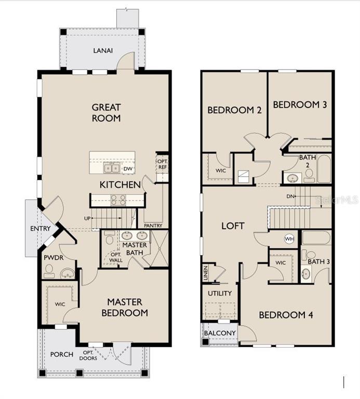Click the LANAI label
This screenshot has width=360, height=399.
point(103,50)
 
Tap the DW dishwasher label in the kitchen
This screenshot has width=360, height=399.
point(128,169)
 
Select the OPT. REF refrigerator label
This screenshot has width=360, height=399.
point(162,164)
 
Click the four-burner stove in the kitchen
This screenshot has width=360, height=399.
point(118,199)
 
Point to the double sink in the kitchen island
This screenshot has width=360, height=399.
point(112,168)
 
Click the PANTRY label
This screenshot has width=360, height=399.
point(153,225)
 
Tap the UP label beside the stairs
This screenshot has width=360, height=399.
point(87,218)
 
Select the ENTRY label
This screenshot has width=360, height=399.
point(41,229)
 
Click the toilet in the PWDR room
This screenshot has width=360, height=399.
point(48,271)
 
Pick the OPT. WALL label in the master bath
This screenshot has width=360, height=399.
point(116,257)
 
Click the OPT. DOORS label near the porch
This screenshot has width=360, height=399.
point(88,355)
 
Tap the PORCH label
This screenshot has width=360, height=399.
point(62,354)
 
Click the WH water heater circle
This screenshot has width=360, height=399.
point(289,238)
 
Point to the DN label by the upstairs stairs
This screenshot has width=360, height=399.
point(290,196)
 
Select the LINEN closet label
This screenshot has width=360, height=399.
point(206,273)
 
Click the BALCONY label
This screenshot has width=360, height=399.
point(220,333)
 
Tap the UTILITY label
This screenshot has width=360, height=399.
point(220,294)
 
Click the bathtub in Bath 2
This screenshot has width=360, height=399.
point(324,169)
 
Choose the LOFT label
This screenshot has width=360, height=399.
point(233,226)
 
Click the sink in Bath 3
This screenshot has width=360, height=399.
point(306,274)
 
